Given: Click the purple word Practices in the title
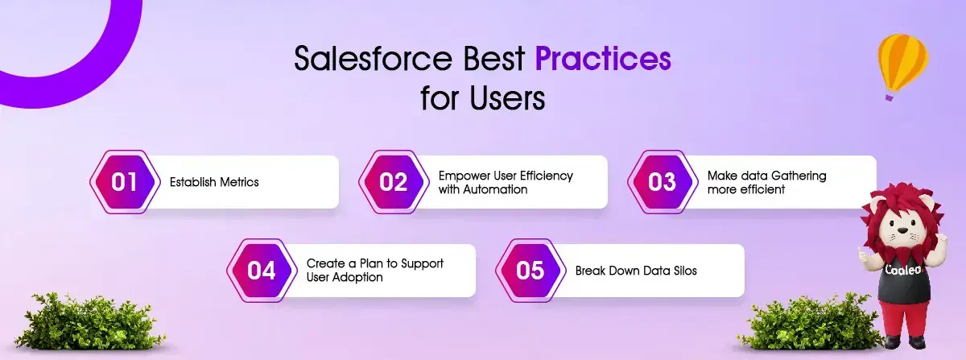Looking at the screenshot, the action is (x=603, y=59).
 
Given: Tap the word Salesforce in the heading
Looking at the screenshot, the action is (x=374, y=59).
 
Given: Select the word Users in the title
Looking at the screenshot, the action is (x=508, y=97).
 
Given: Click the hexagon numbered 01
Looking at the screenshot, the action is (x=125, y=182).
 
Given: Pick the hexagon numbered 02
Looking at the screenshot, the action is (x=394, y=182).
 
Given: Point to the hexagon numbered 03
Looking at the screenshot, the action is (x=663, y=182).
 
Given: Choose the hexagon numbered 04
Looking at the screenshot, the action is (x=262, y=271).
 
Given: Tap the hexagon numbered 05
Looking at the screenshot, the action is (x=530, y=271).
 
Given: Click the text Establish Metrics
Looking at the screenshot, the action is (x=214, y=182).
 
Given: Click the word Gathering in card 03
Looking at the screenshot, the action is (x=799, y=176).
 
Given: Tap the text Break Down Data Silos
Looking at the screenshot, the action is (x=636, y=271).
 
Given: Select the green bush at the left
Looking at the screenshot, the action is (x=89, y=321).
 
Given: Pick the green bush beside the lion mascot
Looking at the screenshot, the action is (x=807, y=321).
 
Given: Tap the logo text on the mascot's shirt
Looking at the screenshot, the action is (x=903, y=270).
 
